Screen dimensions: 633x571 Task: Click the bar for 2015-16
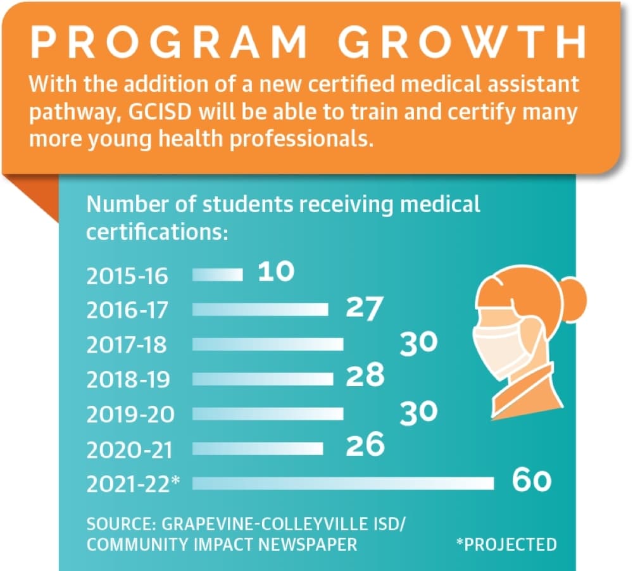coord(218,275)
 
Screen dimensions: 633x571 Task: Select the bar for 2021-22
coord(343,484)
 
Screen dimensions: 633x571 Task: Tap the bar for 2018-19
coord(263,379)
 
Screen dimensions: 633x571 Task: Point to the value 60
coord(531,480)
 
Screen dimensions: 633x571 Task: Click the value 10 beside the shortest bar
coord(276,271)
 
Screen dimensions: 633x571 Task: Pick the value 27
coord(364,308)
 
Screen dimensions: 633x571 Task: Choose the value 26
coord(365,444)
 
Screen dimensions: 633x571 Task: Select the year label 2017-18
coord(127,345)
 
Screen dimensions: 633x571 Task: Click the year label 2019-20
coord(130,414)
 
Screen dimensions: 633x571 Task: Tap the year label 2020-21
coord(130,450)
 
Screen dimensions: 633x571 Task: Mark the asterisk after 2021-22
coord(175,480)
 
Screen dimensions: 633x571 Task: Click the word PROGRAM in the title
coord(169,42)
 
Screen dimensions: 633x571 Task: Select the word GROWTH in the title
coord(462,42)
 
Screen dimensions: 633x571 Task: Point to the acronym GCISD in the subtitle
coord(160,112)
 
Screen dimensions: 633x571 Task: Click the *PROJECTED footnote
coord(506,544)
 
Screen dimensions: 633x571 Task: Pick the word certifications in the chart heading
coord(157,232)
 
